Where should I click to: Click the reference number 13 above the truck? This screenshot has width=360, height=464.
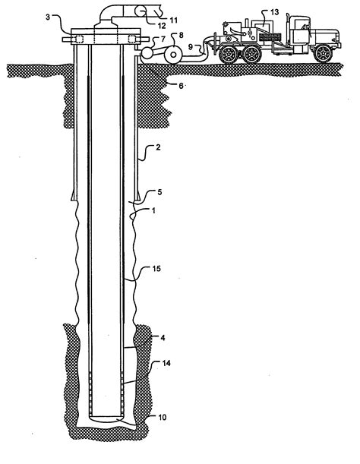(x=274, y=12)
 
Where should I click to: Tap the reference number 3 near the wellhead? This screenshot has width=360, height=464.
(x=48, y=17)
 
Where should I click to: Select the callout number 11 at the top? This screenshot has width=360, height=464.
(x=173, y=20)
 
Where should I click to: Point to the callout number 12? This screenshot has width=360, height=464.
(x=162, y=26)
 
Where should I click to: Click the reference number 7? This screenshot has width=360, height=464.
(x=163, y=39)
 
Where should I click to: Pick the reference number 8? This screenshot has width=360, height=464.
(x=181, y=35)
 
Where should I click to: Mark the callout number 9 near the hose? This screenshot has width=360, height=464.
(x=191, y=47)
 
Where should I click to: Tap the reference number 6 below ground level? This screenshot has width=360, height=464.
(x=181, y=86)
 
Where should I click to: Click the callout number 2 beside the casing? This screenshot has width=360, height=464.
(x=158, y=147)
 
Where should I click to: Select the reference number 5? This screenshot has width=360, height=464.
(x=159, y=192)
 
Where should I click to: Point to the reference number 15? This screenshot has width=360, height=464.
(x=156, y=268)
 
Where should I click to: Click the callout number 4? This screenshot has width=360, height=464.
(x=163, y=338)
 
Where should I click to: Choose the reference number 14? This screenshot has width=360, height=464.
(x=166, y=363)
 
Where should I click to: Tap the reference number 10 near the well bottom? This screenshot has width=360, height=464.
(x=163, y=417)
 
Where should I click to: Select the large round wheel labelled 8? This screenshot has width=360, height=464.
(x=173, y=55)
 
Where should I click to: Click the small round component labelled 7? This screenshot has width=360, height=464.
(x=147, y=52)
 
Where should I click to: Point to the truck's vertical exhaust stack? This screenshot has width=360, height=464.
(x=287, y=29)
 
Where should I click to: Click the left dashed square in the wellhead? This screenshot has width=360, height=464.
(x=80, y=39)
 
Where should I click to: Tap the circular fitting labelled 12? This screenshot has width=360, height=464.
(x=141, y=11)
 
